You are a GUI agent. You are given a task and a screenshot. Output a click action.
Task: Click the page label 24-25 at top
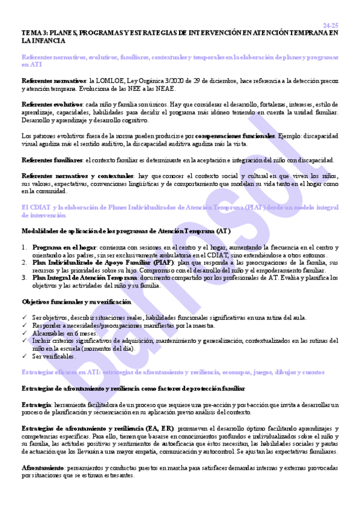(x=330, y=25)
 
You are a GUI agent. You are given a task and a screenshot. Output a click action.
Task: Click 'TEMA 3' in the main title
(x=35, y=33)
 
